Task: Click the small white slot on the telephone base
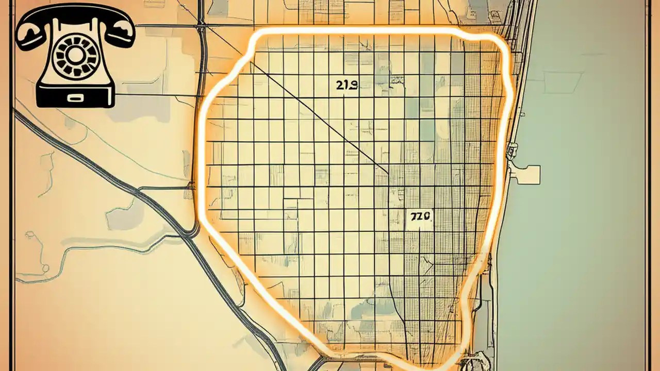click(x=75, y=96)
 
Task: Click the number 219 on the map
click(x=346, y=86)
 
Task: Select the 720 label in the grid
click(x=420, y=217)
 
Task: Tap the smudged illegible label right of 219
click(x=397, y=80)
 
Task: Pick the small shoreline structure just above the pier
click(x=512, y=150)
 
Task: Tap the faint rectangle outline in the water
click(x=562, y=82)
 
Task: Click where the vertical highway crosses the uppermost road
click(x=202, y=25)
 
